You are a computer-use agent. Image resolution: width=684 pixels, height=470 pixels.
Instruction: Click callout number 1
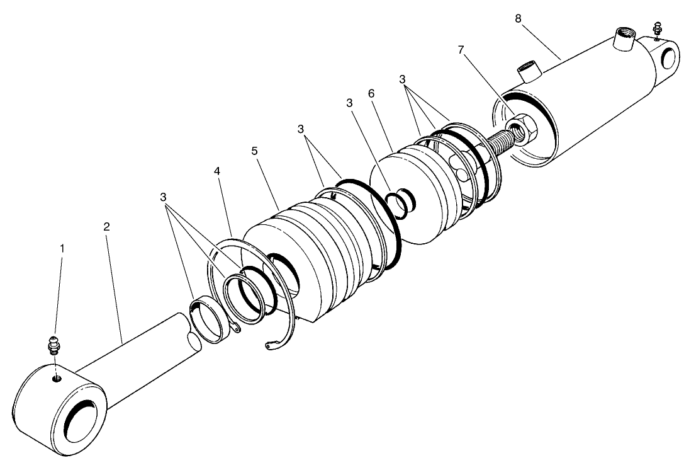[62, 249]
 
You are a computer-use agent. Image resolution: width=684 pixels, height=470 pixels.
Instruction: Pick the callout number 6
[371, 93]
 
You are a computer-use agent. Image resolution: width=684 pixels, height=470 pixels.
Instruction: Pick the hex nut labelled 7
[522, 127]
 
